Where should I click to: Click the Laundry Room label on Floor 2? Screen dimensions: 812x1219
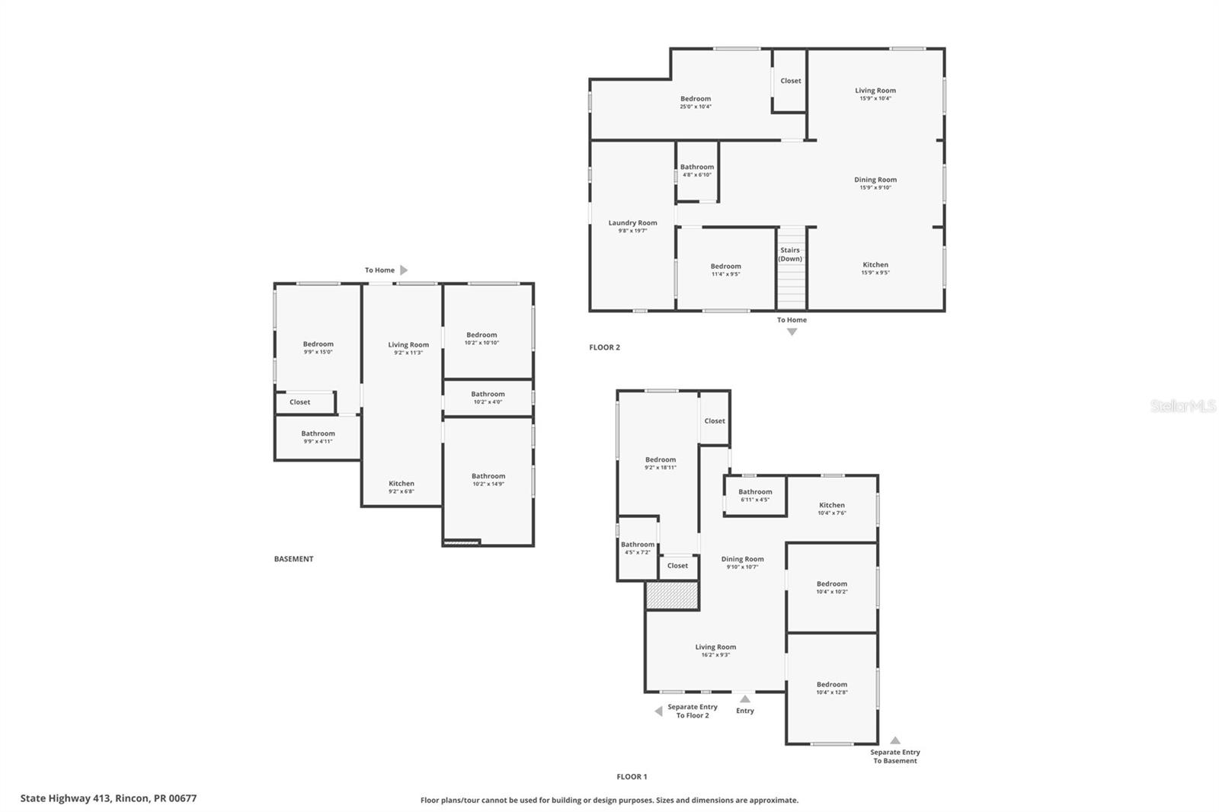(x=632, y=223)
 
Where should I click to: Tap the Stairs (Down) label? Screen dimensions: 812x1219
(x=790, y=254)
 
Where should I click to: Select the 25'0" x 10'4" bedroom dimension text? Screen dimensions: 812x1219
(x=695, y=107)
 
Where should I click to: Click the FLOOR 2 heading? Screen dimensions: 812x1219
(x=604, y=347)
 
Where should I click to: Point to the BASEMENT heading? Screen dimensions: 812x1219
(x=293, y=559)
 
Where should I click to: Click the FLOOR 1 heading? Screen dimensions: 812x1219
(x=632, y=777)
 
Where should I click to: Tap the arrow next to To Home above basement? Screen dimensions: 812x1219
(x=404, y=270)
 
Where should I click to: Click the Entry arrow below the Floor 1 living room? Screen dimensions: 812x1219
(x=744, y=699)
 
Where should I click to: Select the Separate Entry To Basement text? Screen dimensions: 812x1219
(x=894, y=756)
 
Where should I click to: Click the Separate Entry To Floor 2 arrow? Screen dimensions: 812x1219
(x=658, y=711)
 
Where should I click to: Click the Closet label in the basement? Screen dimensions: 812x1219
(x=299, y=402)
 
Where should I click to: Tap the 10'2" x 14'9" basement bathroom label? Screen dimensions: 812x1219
(x=488, y=480)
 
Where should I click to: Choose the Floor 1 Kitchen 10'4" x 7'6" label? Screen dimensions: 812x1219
(x=831, y=509)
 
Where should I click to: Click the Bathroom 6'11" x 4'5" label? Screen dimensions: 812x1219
(x=754, y=495)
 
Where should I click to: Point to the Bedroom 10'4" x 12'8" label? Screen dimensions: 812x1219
(x=831, y=688)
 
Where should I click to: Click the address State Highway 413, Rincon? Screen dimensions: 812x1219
(x=108, y=798)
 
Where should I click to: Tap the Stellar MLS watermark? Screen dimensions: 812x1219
(x=1182, y=407)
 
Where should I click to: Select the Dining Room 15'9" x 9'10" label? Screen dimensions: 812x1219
(x=875, y=184)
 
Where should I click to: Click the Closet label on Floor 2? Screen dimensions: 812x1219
(x=790, y=81)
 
